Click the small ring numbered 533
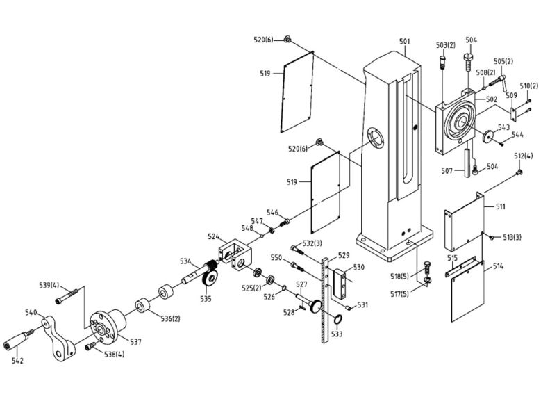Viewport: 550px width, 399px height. (x=337, y=320)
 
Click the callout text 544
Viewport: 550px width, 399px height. (x=518, y=134)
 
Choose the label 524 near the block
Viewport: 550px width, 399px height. (x=214, y=237)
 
